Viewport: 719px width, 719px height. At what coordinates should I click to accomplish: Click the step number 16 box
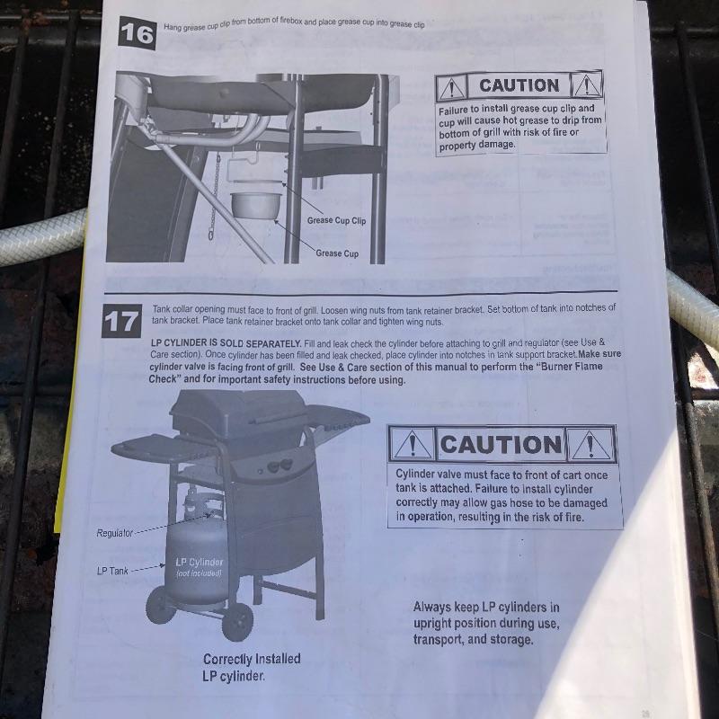click(138, 33)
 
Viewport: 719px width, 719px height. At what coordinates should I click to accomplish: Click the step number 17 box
click(121, 321)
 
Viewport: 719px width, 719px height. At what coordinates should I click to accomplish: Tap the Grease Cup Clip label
click(336, 220)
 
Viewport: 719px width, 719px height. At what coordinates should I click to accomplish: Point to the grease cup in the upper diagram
click(256, 205)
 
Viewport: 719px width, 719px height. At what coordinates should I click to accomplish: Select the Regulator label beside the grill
click(115, 533)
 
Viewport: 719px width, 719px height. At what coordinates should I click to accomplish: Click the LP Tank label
click(112, 571)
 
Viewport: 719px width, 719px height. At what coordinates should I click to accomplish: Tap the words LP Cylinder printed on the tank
click(199, 563)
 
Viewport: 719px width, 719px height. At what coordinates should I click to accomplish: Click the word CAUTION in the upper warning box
click(519, 85)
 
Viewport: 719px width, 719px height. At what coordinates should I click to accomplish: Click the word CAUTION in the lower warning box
click(501, 444)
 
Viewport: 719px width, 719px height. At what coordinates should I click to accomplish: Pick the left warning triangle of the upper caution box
click(451, 87)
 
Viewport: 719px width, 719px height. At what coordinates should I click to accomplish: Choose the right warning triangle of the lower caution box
click(590, 444)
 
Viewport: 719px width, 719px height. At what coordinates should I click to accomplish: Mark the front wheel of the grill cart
click(237, 621)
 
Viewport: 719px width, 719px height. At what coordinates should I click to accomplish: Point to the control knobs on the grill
click(280, 466)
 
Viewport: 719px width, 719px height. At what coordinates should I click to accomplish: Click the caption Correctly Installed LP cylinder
click(252, 667)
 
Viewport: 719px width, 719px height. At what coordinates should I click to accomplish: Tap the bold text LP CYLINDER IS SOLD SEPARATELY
click(226, 343)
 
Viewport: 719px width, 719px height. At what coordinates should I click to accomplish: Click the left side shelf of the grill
click(162, 447)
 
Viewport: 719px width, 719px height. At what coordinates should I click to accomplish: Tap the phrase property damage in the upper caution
click(477, 145)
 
